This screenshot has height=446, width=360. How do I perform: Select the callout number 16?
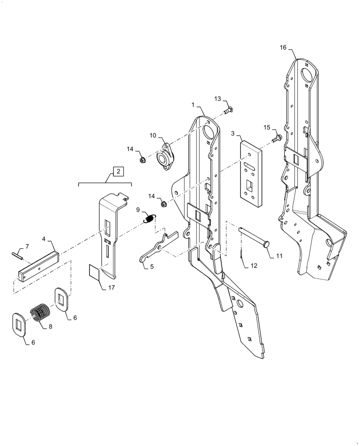coord(284,48)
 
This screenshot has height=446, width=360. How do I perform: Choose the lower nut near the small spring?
coord(163,205)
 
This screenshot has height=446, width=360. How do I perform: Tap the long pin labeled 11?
coord(254,237)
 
